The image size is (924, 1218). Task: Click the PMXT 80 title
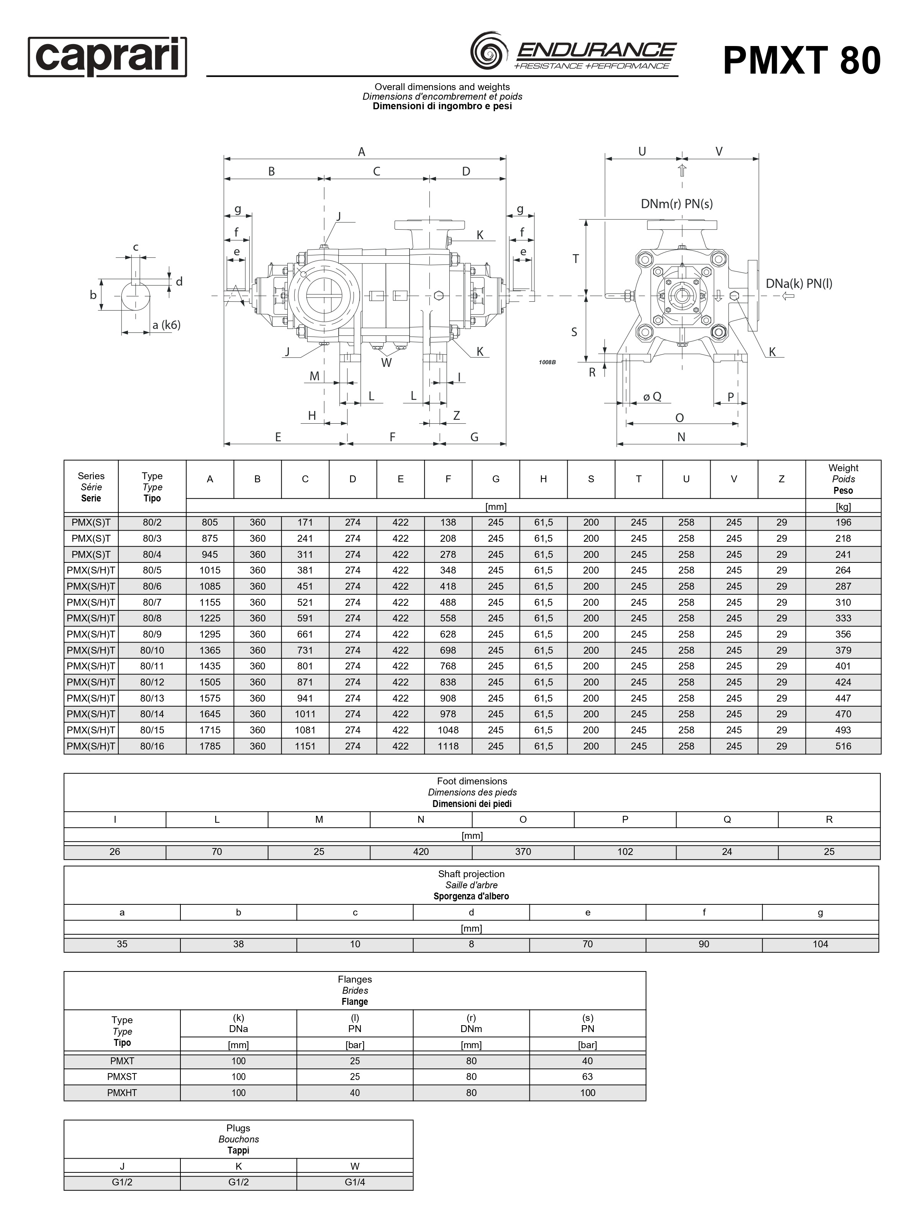tap(801, 60)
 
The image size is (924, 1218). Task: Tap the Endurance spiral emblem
tap(489, 51)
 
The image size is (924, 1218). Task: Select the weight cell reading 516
tap(842, 746)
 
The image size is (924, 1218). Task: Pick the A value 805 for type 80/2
tap(210, 523)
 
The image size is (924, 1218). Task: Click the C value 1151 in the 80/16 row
tap(305, 746)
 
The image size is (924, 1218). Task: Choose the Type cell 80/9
tap(152, 634)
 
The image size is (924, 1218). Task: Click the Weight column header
tap(842, 479)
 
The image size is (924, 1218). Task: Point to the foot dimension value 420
tap(421, 852)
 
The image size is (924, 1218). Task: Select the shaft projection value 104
tap(820, 944)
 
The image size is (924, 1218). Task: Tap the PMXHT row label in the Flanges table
tap(122, 1093)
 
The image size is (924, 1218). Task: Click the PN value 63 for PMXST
tap(587, 1077)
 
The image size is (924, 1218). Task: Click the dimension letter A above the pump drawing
tap(362, 152)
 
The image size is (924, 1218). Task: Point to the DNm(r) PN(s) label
tap(677, 204)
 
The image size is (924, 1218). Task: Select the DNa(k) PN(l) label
tap(798, 284)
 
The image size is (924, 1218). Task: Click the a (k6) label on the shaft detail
tap(166, 325)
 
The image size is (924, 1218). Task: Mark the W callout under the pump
tap(386, 363)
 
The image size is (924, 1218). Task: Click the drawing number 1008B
tap(547, 362)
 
